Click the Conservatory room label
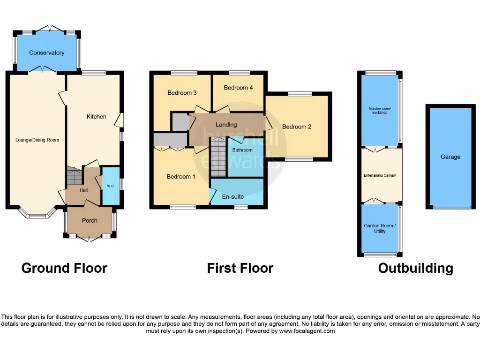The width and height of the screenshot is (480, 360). [46, 52]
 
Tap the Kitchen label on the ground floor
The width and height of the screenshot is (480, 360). [96, 116]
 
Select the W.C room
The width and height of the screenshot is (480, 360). [111, 186]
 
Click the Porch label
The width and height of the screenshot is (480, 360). [90, 220]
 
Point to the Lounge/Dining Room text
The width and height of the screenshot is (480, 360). [37, 140]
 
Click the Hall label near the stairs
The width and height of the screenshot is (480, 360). [83, 190]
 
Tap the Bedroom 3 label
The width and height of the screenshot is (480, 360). [182, 93]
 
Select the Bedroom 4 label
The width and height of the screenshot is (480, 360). [238, 88]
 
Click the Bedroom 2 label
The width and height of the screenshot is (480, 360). [297, 127]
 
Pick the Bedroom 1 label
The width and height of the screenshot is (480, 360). [181, 177]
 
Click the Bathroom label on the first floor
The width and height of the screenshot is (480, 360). [242, 150]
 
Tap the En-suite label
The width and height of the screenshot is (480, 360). [233, 196]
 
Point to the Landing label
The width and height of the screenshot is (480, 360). [226, 125]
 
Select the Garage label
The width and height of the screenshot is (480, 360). [450, 157]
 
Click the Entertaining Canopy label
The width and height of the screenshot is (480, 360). [380, 175]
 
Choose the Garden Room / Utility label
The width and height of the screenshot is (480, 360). [380, 228]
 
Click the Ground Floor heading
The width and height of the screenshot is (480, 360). [64, 268]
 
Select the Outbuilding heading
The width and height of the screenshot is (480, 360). [415, 268]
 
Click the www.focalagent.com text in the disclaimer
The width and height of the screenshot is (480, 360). [307, 331]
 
